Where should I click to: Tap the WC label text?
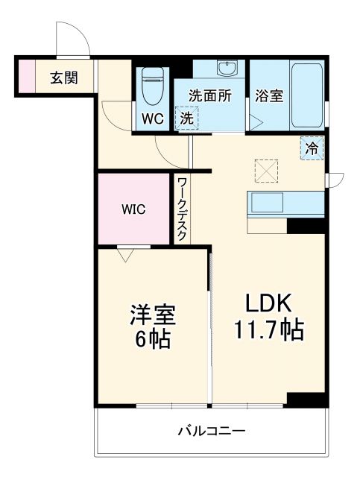point(153,118)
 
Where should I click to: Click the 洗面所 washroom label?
point(209,95)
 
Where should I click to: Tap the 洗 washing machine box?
point(187,118)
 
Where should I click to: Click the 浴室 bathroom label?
point(269,95)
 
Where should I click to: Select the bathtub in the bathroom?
point(306,94)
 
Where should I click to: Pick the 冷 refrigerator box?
point(313,148)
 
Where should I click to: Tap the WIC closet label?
point(135,209)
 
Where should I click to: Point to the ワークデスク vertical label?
point(182,208)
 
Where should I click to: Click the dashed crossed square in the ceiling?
point(265,169)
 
